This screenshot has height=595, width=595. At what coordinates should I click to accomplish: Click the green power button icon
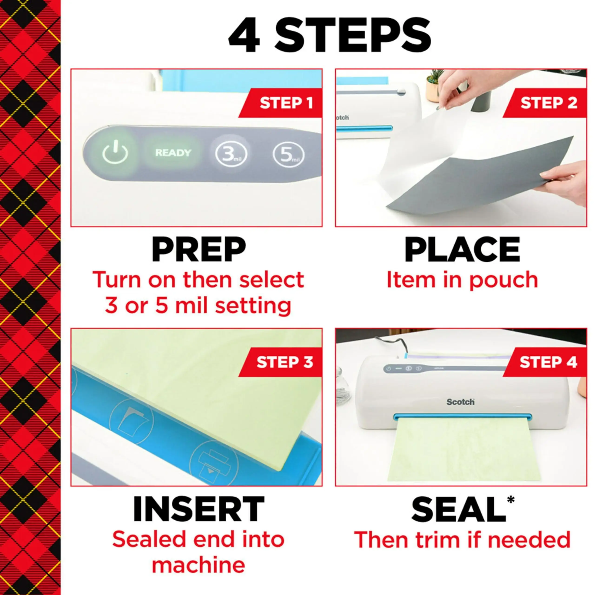(115, 152)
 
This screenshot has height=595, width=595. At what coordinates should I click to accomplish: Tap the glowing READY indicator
(173, 153)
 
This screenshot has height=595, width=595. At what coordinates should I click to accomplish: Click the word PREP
(199, 250)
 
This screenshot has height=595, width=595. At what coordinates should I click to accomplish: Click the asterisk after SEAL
(511, 499)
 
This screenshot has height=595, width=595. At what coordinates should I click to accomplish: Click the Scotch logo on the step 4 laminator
(460, 402)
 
